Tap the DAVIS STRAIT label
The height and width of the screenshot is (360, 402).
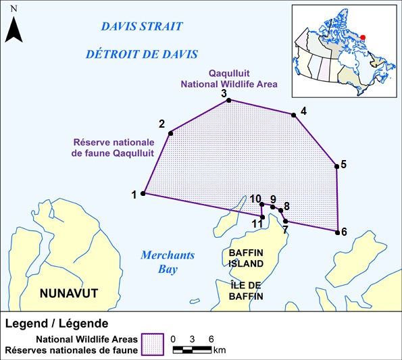(141, 26)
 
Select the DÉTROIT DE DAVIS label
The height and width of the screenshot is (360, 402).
(141, 54)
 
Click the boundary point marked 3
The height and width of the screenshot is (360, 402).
(228, 100)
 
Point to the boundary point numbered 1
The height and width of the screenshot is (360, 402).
(143, 194)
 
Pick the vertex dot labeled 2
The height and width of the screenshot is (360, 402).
(170, 133)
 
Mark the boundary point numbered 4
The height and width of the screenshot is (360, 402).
(294, 115)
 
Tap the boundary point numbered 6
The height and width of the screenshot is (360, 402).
(337, 232)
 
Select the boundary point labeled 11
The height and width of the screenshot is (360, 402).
(262, 217)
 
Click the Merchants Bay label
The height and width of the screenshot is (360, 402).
(167, 261)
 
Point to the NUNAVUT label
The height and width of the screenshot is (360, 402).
(68, 293)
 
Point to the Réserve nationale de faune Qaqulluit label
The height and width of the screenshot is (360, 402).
(114, 148)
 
